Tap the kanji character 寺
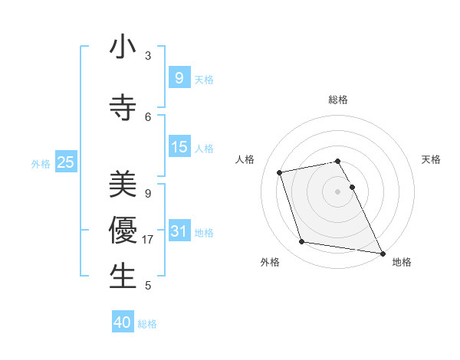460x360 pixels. pyautogui.click(x=123, y=106)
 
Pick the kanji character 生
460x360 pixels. pyautogui.click(x=123, y=276)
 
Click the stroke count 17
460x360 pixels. pyautogui.click(x=149, y=240)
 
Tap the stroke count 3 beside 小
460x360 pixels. pyautogui.click(x=148, y=56)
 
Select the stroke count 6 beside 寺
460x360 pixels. pyautogui.click(x=148, y=116)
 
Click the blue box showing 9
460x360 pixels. pyautogui.click(x=179, y=77)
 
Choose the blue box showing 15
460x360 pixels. pyautogui.click(x=179, y=146)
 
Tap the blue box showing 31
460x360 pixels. pyautogui.click(x=179, y=231)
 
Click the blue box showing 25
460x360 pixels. pyautogui.click(x=65, y=162)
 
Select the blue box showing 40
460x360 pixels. pyautogui.click(x=123, y=322)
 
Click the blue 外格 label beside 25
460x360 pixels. pyautogui.click(x=41, y=163)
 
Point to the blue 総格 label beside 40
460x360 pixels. pyautogui.click(x=147, y=324)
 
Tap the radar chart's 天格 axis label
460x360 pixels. pyautogui.click(x=431, y=159)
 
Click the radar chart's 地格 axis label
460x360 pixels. pyautogui.click(x=402, y=262)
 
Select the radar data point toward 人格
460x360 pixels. pyautogui.click(x=280, y=172)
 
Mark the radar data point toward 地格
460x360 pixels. pyautogui.click(x=381, y=253)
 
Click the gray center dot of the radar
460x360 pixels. pyautogui.click(x=337, y=191)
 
